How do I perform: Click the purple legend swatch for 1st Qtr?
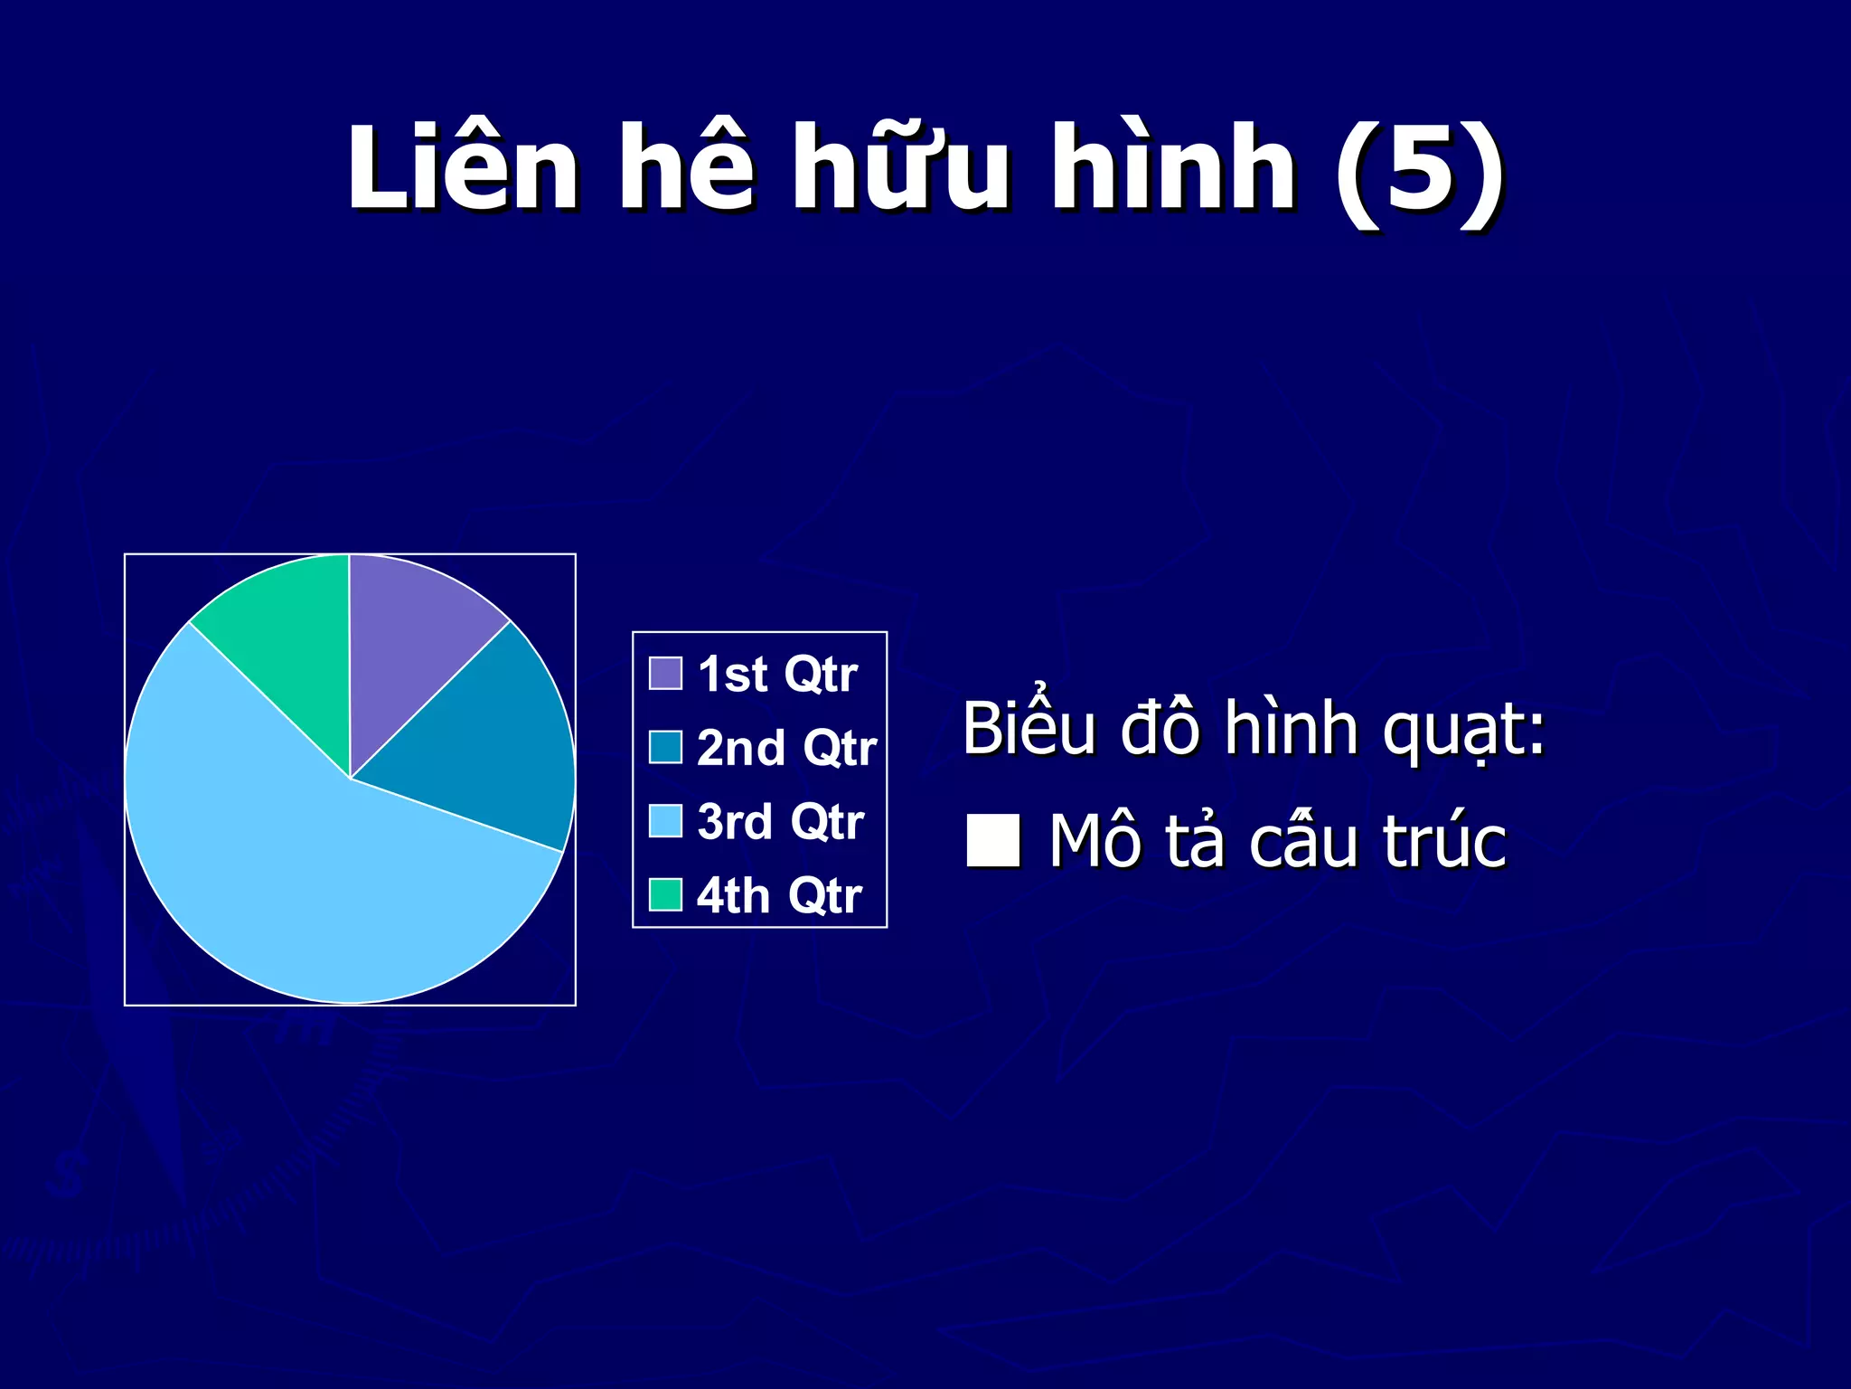[665, 674]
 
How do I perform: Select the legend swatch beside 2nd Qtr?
[665, 747]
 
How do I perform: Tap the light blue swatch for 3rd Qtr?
[665, 821]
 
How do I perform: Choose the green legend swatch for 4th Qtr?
[665, 895]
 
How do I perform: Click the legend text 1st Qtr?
[777, 675]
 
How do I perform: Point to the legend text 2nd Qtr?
[786, 749]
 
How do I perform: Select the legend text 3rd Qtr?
[780, 822]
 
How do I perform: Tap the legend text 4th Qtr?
[779, 896]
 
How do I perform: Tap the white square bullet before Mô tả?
[993, 841]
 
